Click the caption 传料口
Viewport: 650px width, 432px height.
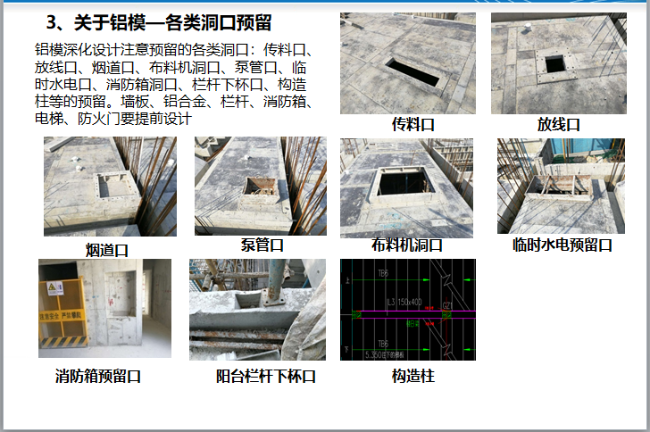click(x=413, y=125)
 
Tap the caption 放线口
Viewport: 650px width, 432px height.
click(x=559, y=125)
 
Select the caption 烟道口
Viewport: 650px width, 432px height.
click(x=107, y=248)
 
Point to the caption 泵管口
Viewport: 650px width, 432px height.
click(x=262, y=245)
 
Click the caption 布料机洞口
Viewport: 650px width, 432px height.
click(x=407, y=245)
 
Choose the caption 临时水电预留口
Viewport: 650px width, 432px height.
click(x=562, y=245)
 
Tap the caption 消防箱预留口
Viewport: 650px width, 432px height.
click(x=98, y=377)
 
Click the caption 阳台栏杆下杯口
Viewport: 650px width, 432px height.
click(x=266, y=377)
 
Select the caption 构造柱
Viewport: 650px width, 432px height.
click(x=412, y=377)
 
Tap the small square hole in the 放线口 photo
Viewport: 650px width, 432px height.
click(x=555, y=63)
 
